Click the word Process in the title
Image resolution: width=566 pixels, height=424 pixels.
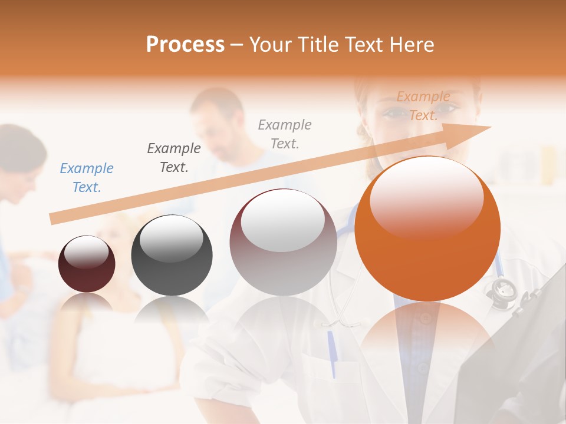(x=185, y=44)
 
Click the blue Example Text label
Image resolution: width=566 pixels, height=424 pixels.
(x=87, y=178)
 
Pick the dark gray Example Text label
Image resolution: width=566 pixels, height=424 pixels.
(x=174, y=158)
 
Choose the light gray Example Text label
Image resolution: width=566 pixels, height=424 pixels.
(x=285, y=134)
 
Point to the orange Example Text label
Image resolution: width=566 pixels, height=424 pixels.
(x=423, y=106)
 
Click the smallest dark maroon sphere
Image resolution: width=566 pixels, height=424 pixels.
(x=87, y=264)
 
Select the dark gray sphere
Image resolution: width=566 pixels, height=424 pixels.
(x=172, y=255)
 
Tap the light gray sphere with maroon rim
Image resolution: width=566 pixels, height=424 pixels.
(x=283, y=242)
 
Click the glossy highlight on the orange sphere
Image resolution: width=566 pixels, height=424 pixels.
(x=427, y=197)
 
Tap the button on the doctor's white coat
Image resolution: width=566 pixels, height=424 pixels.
(x=425, y=319)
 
